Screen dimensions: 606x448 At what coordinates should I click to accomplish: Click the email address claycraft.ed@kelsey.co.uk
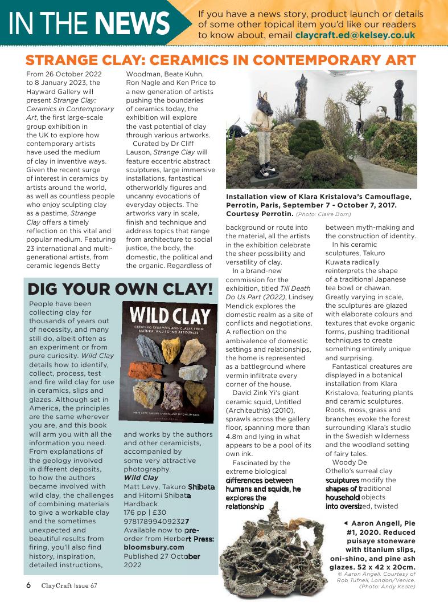pos(355,35)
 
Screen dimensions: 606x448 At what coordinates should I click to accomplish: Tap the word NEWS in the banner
pos(132,23)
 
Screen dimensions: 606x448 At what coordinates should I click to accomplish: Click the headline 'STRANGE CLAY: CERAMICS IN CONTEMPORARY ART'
pos(221,60)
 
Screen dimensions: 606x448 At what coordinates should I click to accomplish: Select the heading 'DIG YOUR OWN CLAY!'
pos(120,289)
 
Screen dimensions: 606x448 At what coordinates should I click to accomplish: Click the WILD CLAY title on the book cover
pos(170,316)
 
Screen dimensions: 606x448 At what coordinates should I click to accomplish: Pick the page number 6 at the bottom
pos(28,585)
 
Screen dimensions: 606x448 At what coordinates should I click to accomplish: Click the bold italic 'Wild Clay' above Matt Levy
pos(141,478)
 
